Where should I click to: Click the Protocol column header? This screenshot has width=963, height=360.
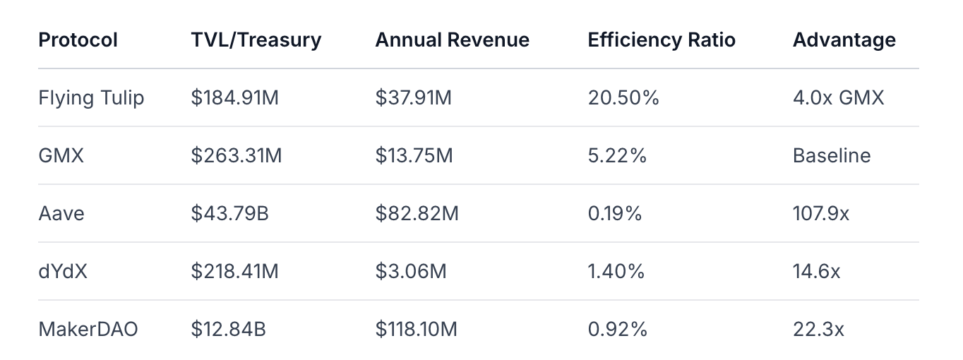[78, 40]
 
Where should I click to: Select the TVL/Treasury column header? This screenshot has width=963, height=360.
[256, 40]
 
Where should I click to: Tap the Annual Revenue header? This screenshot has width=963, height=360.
[452, 40]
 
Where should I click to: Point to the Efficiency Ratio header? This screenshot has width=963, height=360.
[662, 40]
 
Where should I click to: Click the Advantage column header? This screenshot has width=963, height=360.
[844, 40]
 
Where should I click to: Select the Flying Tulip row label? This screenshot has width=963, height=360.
[91, 97]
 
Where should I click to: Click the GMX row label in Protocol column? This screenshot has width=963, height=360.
[61, 155]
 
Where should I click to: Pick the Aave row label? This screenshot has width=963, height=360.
[61, 213]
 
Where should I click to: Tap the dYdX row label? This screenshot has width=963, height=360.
[63, 271]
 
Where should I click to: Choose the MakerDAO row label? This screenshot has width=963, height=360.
[88, 329]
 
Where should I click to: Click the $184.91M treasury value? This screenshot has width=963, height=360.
[234, 97]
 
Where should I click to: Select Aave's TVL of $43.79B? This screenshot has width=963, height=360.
[229, 213]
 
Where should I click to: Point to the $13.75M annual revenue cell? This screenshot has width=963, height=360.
[414, 155]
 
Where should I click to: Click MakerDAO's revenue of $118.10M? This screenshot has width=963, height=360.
[417, 329]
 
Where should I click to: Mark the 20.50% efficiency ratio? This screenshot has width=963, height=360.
[623, 97]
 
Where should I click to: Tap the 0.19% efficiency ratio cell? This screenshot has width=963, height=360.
[614, 213]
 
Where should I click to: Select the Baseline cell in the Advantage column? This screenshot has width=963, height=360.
[832, 155]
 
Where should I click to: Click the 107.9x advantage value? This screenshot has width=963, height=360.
[820, 213]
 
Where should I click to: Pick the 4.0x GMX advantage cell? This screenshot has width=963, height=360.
[838, 97]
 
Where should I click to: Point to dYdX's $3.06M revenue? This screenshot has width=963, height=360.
[410, 271]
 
